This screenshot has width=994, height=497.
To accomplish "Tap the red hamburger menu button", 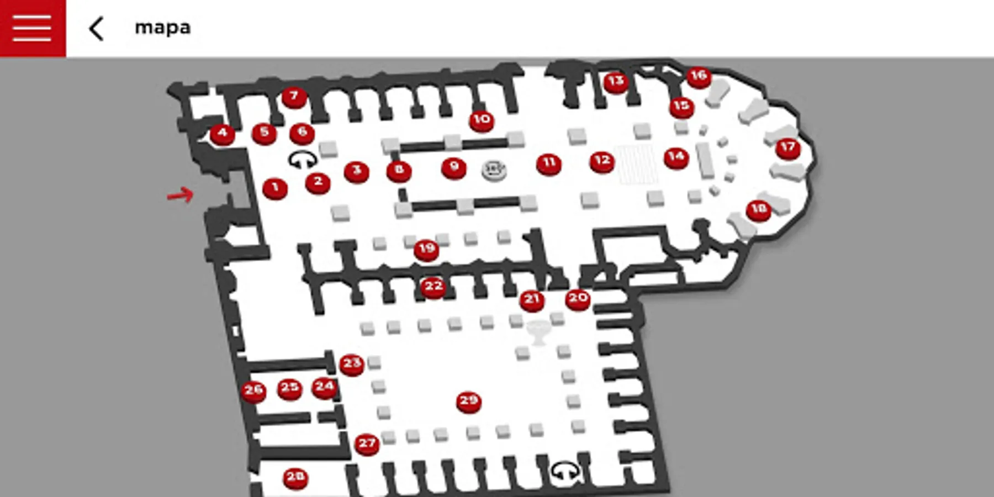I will coord(32,28).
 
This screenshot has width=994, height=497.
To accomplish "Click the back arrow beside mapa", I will coord(97,29).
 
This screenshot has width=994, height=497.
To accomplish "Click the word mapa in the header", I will coord(162,28).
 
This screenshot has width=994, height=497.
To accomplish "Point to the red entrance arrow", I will coord(180,194).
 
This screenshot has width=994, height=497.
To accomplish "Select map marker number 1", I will coord(275,188).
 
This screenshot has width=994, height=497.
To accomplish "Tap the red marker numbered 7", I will coord(294,97).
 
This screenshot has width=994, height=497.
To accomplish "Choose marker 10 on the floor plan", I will coord(481,120).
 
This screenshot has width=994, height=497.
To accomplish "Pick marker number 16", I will coord(699,76).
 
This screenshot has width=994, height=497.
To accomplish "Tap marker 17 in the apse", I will coord(787,148).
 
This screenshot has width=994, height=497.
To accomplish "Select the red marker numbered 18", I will coord(758,210).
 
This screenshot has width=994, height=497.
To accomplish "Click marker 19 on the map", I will coord(426,250).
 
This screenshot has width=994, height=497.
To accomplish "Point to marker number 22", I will coord(433,287).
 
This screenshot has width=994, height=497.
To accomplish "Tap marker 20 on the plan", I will coord(578,299).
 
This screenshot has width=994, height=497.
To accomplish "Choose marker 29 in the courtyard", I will coord(468,401).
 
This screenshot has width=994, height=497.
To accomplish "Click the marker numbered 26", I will coord(253,391).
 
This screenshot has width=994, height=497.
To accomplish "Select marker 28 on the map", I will coord(295,477).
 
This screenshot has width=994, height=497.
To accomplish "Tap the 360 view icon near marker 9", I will coord(494,170).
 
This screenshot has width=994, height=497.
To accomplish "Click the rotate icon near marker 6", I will coord(303,160).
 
